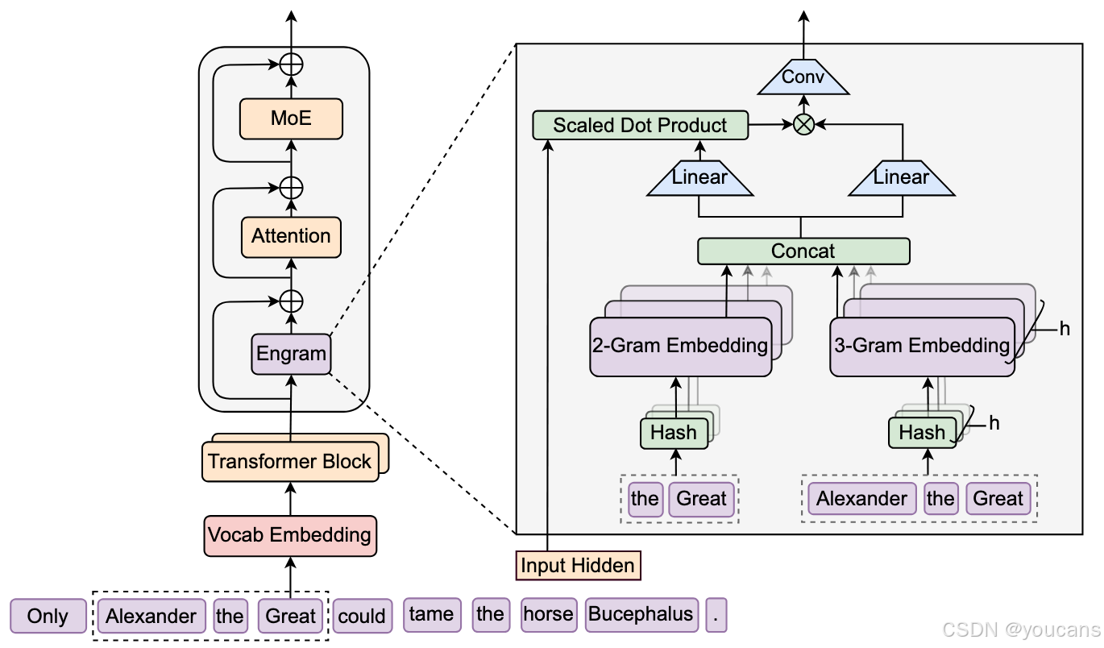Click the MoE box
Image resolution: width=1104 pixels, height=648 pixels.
291,119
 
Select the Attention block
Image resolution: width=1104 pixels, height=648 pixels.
291,236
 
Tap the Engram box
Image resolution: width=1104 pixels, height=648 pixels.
291,353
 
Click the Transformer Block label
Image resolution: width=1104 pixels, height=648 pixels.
289,462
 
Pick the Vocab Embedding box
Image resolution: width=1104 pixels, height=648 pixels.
290,535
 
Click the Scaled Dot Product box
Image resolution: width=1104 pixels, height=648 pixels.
640,125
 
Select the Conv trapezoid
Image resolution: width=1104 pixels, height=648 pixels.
803,78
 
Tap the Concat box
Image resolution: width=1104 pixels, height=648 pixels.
803,251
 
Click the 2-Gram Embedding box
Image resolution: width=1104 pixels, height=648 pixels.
680,347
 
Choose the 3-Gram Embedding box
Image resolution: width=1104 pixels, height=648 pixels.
921,347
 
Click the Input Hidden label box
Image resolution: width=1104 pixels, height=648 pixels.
577,566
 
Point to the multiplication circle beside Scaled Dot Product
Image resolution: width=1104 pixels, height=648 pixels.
803,124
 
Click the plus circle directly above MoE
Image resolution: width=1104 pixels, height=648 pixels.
291,64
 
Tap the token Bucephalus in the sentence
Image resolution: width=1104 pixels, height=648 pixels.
641,615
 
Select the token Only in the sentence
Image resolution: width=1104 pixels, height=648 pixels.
48,617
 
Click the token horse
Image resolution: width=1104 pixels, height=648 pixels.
548,615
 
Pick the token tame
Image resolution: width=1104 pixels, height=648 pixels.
431,615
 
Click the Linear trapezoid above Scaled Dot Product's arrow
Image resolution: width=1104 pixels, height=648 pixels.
699,177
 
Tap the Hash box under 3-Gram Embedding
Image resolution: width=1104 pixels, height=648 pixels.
922,433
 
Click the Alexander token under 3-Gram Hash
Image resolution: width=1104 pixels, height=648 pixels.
861,499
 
